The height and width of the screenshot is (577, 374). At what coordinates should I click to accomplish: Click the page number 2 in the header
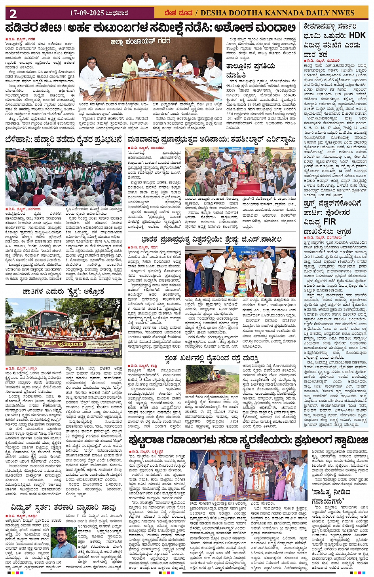coord(13,14)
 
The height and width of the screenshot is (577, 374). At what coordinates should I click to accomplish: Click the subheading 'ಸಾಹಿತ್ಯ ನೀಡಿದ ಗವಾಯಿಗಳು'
coord(331,496)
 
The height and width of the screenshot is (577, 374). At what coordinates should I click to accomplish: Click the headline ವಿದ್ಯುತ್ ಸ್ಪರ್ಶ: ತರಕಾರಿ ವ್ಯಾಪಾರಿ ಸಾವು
coord(63,507)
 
